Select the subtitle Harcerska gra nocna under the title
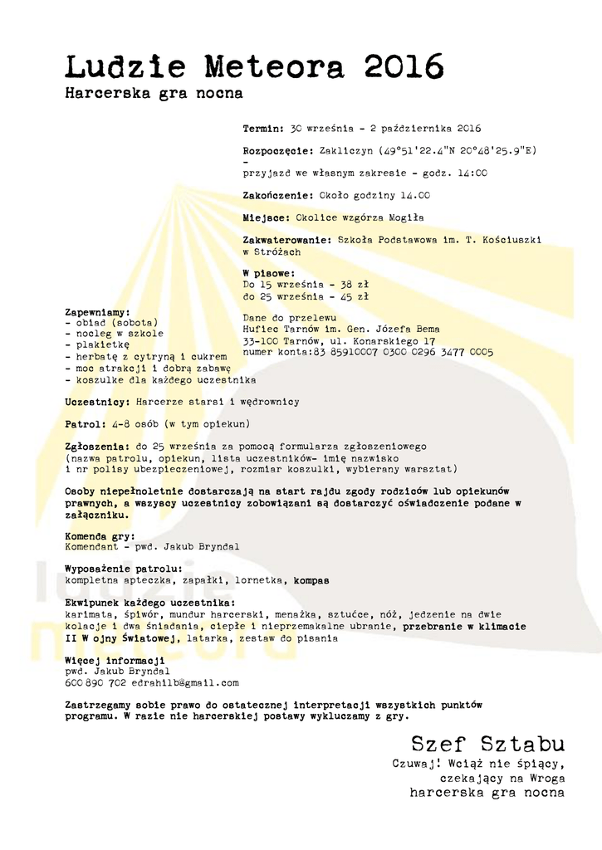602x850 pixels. coord(154,94)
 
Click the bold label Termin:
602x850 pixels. coord(264,129)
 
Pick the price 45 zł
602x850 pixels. coord(355,296)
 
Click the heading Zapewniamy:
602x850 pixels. coord(97,312)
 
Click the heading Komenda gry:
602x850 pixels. coord(100,536)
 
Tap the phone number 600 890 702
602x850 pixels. coord(95,682)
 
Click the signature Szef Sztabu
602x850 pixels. coord(487,743)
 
